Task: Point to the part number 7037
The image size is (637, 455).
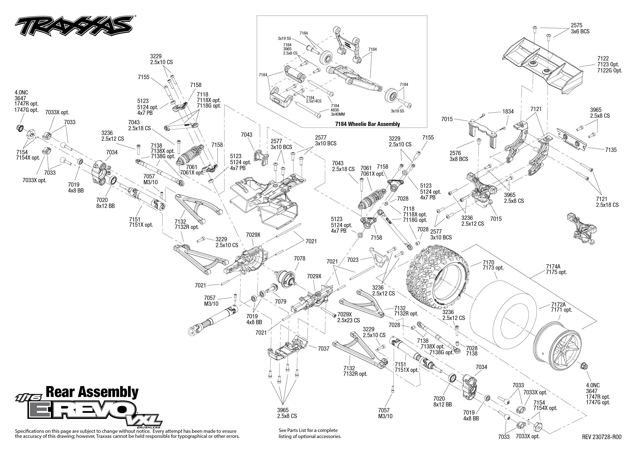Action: click(x=324, y=349)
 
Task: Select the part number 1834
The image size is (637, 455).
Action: click(x=508, y=111)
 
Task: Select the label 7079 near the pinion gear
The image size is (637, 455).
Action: click(x=280, y=302)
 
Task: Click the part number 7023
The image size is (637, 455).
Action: click(x=353, y=260)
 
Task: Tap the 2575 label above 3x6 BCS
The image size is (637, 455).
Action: click(x=577, y=25)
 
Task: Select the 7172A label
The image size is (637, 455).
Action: click(x=558, y=304)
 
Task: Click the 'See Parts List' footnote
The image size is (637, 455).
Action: click(x=310, y=433)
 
